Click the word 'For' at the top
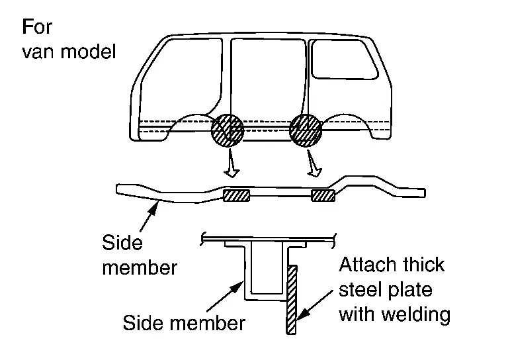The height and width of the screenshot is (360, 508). [x=36, y=28]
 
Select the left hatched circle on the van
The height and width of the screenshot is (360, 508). [x=228, y=131]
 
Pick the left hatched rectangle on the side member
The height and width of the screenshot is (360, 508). [x=236, y=195]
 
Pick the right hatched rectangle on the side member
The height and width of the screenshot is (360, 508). [x=323, y=195]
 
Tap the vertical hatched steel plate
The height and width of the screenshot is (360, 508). [x=292, y=298]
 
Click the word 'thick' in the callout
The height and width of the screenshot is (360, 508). [x=423, y=266]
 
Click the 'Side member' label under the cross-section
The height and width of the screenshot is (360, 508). [x=184, y=324]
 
